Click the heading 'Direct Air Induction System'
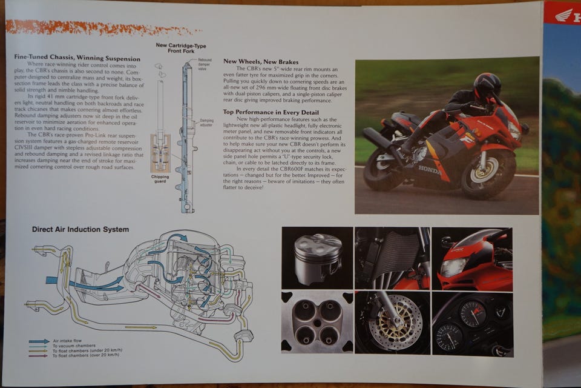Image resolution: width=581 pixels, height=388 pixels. pos(80,230)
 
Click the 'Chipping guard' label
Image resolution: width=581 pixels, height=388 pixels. pos(160,179)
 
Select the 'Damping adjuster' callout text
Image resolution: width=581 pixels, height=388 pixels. pos(206,122)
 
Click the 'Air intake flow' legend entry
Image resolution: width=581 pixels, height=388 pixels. pos(66,341)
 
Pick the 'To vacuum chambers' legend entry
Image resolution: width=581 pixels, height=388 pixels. pos(72,346)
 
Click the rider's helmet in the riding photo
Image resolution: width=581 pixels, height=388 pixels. pos(487,86)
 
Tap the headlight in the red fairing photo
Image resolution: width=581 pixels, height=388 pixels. pos(455,267)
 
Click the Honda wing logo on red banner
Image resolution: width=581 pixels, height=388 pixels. pos(563,14)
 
